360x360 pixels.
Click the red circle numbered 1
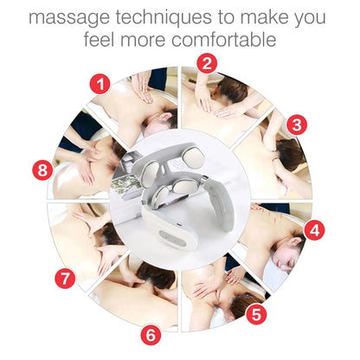100,84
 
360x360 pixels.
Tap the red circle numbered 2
206,62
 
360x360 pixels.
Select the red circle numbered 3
296,124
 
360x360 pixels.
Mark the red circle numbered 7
63,279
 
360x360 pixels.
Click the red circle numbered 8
43,170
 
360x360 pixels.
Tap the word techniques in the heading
174,16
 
